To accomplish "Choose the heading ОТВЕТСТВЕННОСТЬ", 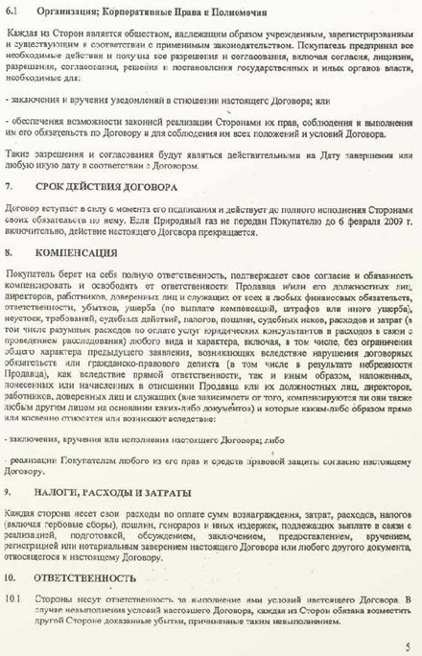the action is pyautogui.click(x=85, y=578).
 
